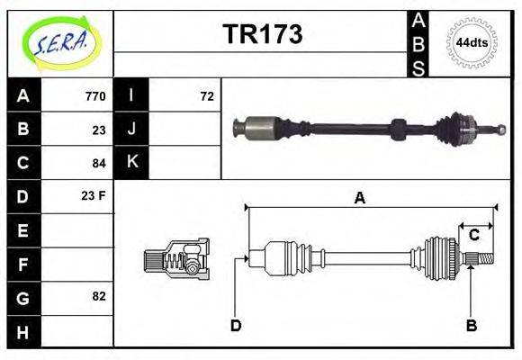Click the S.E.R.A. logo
click(x=58, y=40)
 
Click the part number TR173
click(x=262, y=34)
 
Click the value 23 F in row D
click(x=94, y=195)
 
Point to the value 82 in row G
click(x=99, y=296)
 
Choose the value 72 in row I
click(x=206, y=96)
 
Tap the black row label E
click(x=22, y=230)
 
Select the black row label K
click(x=132, y=162)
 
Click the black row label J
click(x=132, y=129)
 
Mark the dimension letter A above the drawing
click(x=359, y=199)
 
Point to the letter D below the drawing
click(x=236, y=326)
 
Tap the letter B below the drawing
click(x=471, y=326)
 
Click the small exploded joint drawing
click(x=176, y=258)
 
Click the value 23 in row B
click(x=99, y=130)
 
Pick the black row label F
click(x=22, y=264)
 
